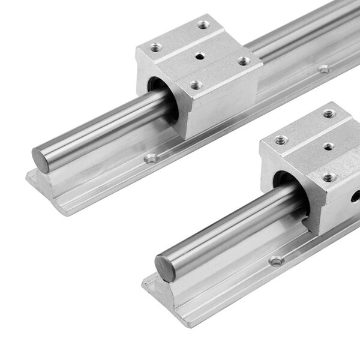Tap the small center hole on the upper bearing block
pyautogui.click(x=199, y=57)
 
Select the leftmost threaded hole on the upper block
pyautogui.click(x=157, y=47)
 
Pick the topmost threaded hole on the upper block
pyautogui.click(x=204, y=25)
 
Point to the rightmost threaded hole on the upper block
pyautogui.click(x=243, y=61)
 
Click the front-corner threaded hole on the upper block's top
pyautogui.click(x=196, y=85)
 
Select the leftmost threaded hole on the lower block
pyautogui.click(x=281, y=140)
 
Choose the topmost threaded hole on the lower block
pyautogui.click(x=328, y=113)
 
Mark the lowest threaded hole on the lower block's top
pyautogui.click(x=328, y=178)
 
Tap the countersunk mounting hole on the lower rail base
pyautogui.click(x=276, y=262)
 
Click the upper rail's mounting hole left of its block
pyautogui.click(x=151, y=159)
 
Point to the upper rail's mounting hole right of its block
pyautogui.click(x=324, y=69)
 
